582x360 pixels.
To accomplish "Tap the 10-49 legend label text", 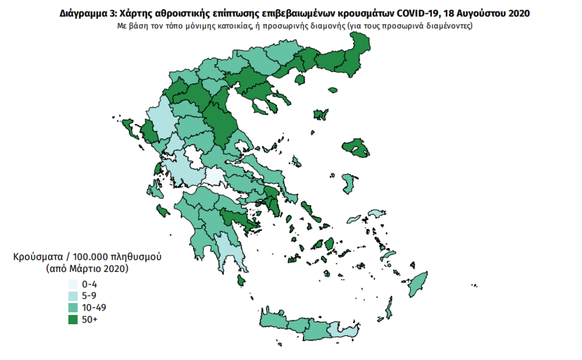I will coord(93,308).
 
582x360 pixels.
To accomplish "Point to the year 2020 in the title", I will coord(518,13).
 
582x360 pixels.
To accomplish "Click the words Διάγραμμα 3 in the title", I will coord(84,13).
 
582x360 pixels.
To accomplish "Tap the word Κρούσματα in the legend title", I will coord(35,257).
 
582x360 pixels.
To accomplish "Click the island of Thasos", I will coord(299,79).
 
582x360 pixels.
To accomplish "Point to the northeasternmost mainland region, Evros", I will coord(359,50).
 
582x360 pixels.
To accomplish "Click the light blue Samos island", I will coord(375,214).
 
